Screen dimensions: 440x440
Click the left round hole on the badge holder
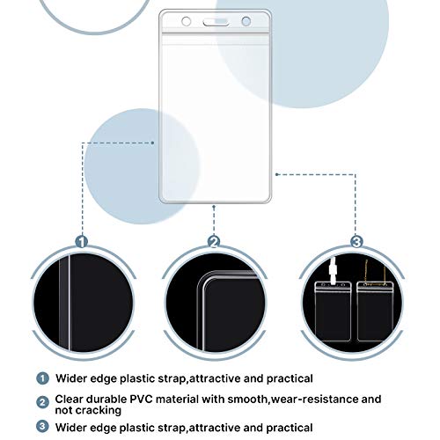click(x=187, y=21)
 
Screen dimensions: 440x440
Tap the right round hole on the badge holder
click(x=246, y=21)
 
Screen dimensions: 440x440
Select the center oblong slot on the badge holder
click(x=216, y=22)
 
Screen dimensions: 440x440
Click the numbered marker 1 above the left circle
click(x=82, y=242)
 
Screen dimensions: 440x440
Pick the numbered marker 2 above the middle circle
click(x=214, y=242)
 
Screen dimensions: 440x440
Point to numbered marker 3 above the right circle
click(x=356, y=242)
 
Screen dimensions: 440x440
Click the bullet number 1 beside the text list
click(x=42, y=378)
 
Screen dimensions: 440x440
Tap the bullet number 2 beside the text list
click(x=42, y=402)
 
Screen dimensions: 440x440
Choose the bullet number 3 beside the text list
click(x=42, y=426)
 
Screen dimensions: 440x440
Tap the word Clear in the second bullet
click(x=69, y=400)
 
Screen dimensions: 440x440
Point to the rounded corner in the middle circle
click(x=204, y=279)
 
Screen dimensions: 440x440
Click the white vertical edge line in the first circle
click(x=70, y=303)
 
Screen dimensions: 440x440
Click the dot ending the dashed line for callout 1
click(x=152, y=143)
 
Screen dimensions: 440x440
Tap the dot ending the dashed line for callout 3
click(x=276, y=174)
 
